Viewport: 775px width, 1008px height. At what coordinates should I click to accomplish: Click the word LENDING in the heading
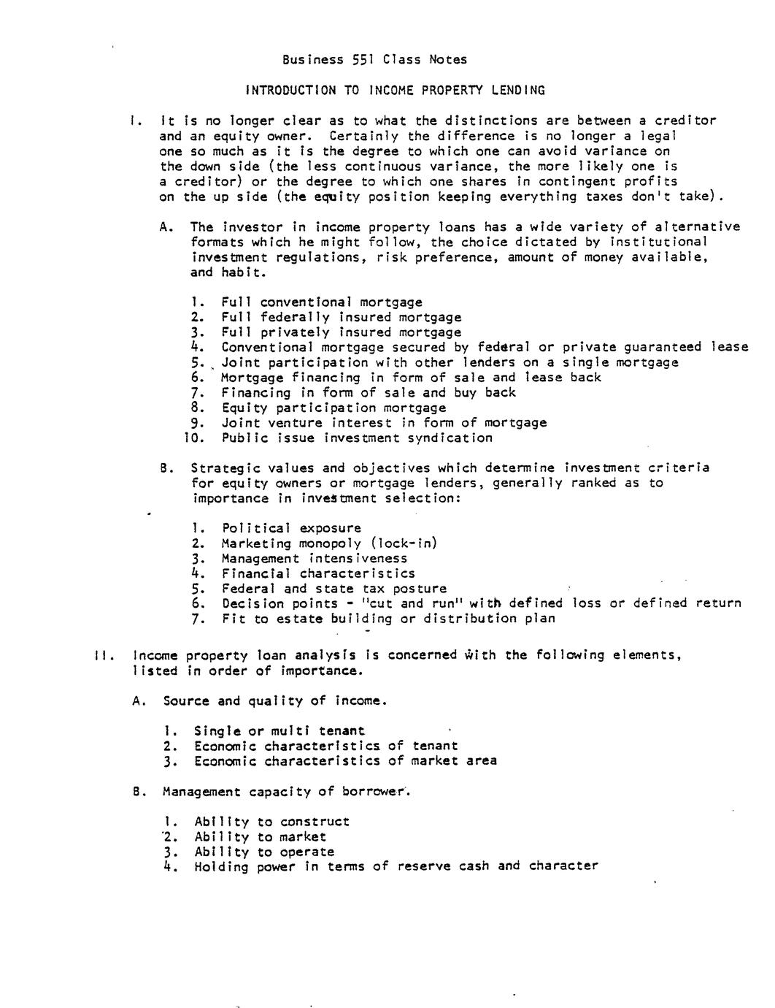tap(517, 91)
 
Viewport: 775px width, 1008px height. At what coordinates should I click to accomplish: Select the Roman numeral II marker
tap(101, 655)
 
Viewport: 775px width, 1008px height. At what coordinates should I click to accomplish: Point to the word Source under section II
tap(186, 701)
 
